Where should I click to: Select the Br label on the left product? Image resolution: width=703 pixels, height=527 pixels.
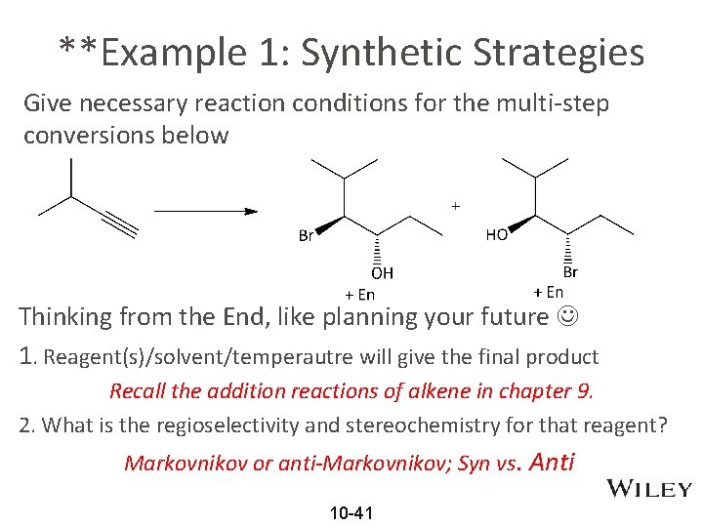(307, 235)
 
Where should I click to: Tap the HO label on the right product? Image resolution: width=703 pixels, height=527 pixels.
(496, 235)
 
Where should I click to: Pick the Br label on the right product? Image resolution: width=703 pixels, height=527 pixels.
(570, 272)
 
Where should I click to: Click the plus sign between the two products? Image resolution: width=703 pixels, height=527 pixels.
(455, 206)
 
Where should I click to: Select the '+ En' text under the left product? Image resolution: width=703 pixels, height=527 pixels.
(359, 294)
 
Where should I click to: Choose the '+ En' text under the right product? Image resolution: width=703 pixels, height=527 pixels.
(548, 292)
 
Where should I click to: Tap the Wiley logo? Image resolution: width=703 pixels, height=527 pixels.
(649, 489)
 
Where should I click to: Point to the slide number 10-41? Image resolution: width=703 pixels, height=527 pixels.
(351, 512)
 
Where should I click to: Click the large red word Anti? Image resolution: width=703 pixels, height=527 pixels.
(551, 462)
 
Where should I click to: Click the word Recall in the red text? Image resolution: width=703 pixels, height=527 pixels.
(138, 391)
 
